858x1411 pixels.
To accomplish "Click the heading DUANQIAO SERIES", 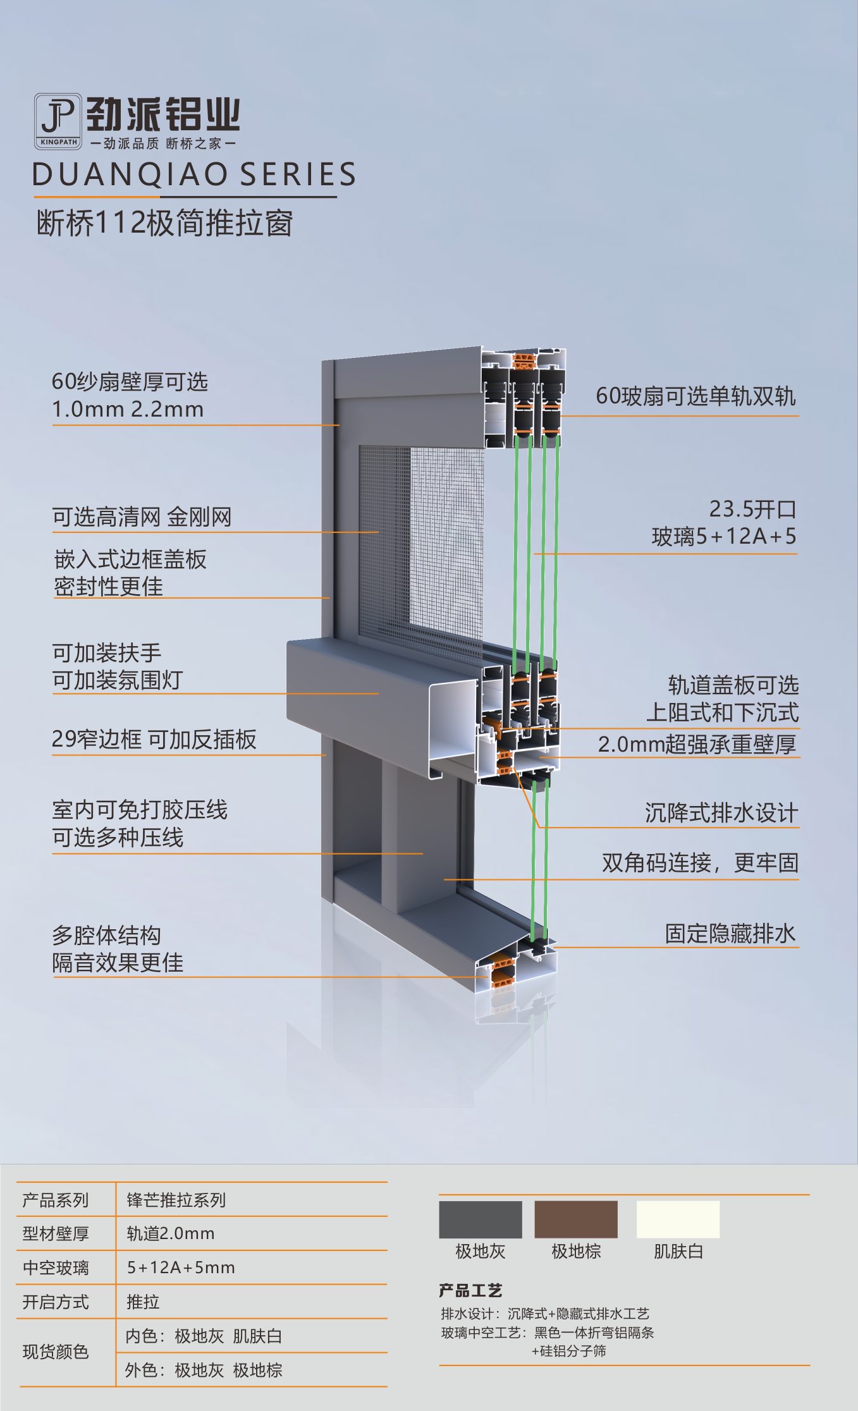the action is point(194,174).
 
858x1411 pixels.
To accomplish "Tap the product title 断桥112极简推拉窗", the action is point(164,223).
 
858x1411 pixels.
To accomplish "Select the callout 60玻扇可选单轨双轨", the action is point(696,396).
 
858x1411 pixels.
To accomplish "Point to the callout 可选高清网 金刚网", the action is point(142,517).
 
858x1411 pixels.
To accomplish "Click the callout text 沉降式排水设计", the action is point(721,813).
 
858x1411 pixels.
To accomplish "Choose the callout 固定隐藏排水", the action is point(730,934).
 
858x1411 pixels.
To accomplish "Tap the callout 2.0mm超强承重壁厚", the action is point(697,744).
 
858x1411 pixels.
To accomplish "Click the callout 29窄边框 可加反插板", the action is point(154,739).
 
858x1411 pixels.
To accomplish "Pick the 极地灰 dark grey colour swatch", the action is point(481,1219).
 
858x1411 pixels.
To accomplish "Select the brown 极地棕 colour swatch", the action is point(576,1219).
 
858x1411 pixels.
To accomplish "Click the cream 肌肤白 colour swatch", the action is point(678,1219).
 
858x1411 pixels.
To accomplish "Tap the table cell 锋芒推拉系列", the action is point(176,1200).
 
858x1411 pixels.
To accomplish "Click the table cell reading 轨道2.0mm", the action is point(171,1233).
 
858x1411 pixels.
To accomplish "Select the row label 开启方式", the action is point(56,1302).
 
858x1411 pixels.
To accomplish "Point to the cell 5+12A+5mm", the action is point(181,1267).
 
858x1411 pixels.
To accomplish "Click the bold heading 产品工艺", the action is point(470,1290).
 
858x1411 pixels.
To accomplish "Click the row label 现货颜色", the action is point(56,1352).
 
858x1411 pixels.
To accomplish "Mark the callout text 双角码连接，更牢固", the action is point(700,863).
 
